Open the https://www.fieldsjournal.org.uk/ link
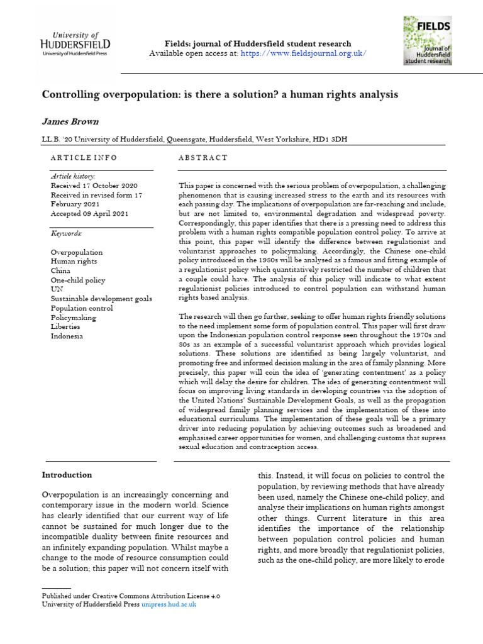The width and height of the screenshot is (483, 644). tap(304, 53)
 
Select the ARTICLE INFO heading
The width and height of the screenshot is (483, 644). tap(84, 158)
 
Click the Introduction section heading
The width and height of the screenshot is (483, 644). tap(67, 475)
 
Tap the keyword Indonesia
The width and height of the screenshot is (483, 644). tap(67, 336)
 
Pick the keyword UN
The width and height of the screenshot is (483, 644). tap(57, 289)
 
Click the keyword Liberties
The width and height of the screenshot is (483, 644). tap(65, 327)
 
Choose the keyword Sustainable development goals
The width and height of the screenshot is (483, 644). tap(101, 299)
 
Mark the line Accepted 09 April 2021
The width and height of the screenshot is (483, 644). tap(89, 214)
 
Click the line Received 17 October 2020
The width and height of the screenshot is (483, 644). tap(94, 186)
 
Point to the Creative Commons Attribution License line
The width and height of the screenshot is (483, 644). tap(131, 595)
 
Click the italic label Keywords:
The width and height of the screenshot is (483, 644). tap(66, 233)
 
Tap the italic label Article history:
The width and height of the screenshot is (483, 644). tap(73, 177)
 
